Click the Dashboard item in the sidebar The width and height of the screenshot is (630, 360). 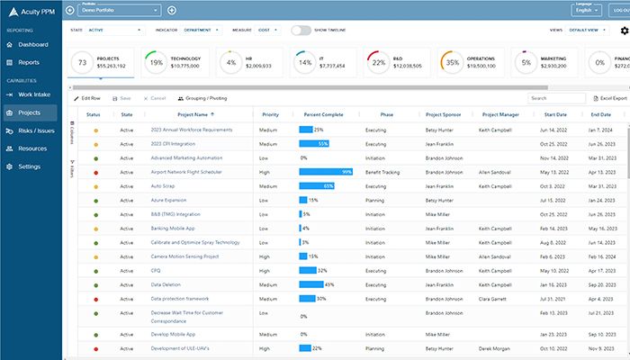pyautogui.click(x=32, y=44)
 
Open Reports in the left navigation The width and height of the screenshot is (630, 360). pyautogui.click(x=28, y=62)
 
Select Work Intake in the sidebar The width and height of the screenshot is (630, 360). pyautogui.click(x=34, y=94)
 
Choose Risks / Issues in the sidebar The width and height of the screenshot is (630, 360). pyautogui.click(x=36, y=130)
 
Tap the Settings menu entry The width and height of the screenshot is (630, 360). pyautogui.click(x=29, y=166)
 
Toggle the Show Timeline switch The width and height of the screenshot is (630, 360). pyautogui.click(x=301, y=30)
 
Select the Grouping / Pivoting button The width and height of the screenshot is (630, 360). pyautogui.click(x=202, y=98)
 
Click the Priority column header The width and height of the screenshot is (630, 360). pyautogui.click(x=270, y=115)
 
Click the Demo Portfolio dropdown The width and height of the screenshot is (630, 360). pyautogui.click(x=119, y=10)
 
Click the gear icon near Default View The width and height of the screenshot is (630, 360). pyautogui.click(x=625, y=31)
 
